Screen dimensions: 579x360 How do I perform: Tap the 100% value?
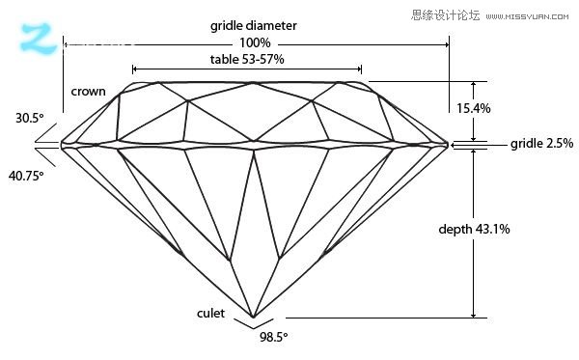(255, 43)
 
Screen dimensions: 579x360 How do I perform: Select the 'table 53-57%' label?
(247, 60)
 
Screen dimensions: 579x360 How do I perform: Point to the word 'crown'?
(88, 92)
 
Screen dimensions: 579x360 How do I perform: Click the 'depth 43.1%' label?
(474, 229)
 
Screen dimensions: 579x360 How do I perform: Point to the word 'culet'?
(211, 315)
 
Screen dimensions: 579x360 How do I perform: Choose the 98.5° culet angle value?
(273, 338)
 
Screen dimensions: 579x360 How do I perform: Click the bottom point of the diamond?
(253, 318)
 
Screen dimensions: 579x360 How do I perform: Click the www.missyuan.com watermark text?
(530, 15)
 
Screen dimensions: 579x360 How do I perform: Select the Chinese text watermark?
(445, 14)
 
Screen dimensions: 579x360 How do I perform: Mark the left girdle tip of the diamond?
(62, 145)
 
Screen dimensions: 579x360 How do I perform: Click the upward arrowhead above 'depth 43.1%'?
(474, 154)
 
